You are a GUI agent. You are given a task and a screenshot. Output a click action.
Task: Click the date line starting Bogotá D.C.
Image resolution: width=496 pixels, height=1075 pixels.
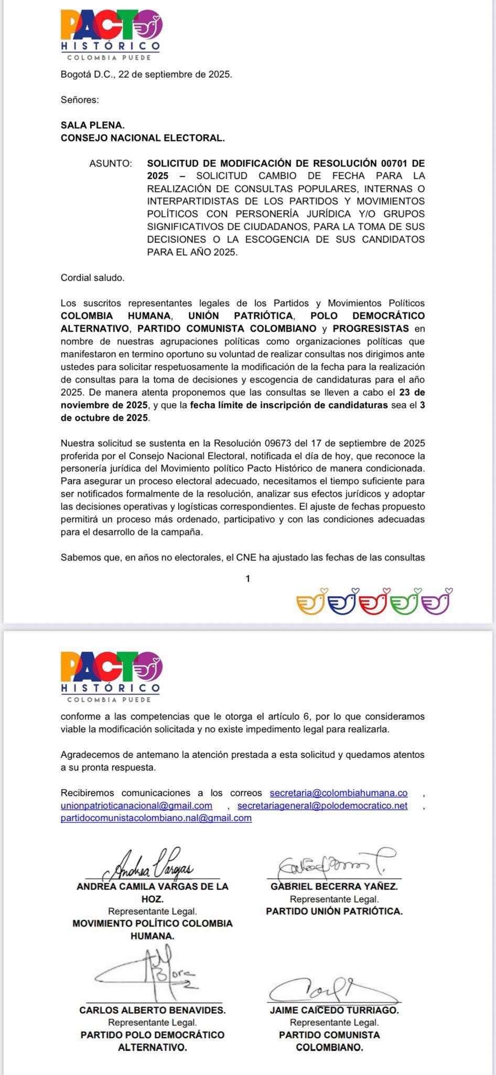point(146,75)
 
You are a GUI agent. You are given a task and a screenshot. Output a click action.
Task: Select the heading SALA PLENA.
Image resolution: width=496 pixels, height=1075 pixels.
point(93,125)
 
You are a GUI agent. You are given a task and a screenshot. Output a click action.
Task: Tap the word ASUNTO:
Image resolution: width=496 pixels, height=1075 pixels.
point(111,163)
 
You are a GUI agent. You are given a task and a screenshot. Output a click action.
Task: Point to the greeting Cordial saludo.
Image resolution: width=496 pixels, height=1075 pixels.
point(93,278)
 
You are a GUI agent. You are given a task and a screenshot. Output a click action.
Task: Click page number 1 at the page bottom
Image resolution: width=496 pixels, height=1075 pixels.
point(248,578)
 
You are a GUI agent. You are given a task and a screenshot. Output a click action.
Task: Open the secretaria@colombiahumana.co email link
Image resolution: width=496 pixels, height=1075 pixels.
point(339,793)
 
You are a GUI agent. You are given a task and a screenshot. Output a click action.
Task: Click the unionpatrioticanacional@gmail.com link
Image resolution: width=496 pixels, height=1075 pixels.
point(137,805)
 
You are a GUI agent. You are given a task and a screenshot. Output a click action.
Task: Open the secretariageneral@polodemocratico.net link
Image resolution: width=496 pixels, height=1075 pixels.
point(322,805)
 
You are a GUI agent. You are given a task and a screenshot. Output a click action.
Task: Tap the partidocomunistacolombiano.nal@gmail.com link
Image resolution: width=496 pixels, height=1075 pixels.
point(156,818)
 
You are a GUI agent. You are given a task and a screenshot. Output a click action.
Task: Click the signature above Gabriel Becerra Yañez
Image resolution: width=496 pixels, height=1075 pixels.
point(336,865)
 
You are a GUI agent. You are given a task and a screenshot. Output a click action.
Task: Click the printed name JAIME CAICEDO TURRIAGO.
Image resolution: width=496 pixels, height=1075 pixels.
point(335,1009)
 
